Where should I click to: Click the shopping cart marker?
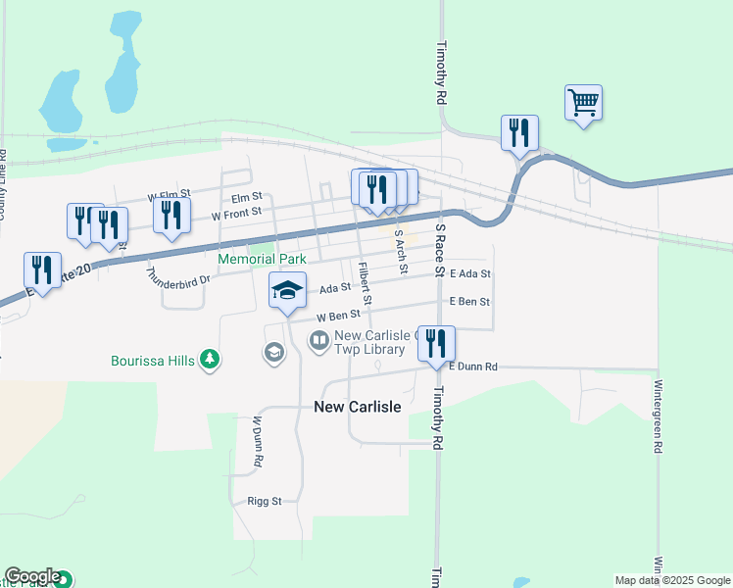click(583, 102)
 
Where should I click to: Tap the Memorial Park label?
click(262, 259)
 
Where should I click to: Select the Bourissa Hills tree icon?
click(209, 360)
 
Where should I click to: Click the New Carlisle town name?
click(357, 407)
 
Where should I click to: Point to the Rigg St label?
click(264, 501)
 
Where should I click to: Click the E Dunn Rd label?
click(473, 367)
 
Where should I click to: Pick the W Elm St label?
click(169, 196)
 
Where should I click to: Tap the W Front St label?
click(236, 212)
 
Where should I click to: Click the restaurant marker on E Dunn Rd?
click(436, 343)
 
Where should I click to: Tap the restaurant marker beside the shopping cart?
click(519, 132)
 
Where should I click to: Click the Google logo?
click(31, 576)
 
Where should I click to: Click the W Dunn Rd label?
click(258, 441)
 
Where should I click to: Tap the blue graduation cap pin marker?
click(286, 290)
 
